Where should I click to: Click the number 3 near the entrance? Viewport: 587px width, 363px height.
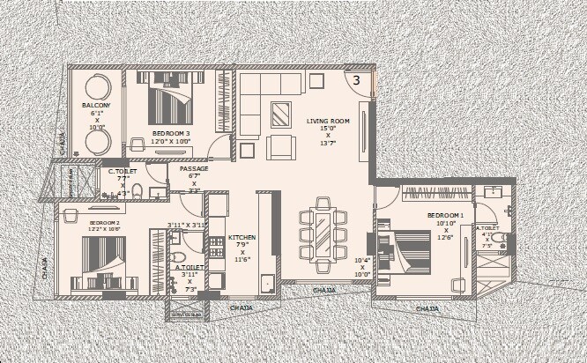(x=356, y=80)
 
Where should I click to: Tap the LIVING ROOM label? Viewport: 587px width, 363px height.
(x=329, y=121)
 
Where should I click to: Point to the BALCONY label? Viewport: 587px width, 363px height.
(x=96, y=106)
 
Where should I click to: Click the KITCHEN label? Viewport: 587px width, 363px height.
(x=241, y=238)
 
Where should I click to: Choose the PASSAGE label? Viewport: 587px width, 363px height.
(x=194, y=167)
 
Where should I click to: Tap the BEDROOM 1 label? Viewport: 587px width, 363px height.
(x=446, y=215)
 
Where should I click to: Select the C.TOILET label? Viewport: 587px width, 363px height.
(x=123, y=172)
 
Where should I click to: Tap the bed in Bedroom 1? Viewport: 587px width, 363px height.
(x=408, y=253)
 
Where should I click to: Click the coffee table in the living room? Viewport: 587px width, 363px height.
(x=282, y=114)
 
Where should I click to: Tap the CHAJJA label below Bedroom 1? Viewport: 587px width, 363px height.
(x=427, y=309)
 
